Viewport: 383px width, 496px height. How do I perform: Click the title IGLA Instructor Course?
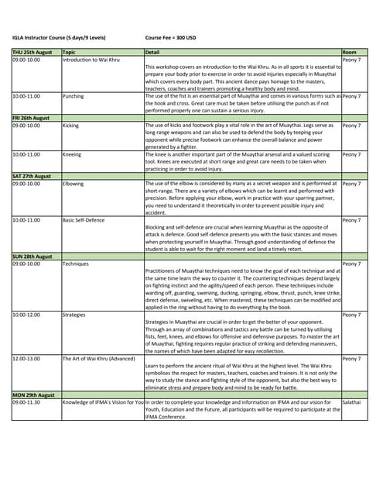(x=59, y=37)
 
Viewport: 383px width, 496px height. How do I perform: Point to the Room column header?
(x=349, y=52)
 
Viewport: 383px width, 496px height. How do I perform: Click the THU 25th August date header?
(x=32, y=52)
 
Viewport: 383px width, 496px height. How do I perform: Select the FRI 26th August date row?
(x=32, y=118)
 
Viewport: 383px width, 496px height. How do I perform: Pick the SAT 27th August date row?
(x=32, y=176)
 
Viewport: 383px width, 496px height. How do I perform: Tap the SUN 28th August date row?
(x=32, y=257)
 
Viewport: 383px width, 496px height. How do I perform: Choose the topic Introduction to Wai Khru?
(x=91, y=60)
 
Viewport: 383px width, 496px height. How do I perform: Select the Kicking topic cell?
(x=71, y=125)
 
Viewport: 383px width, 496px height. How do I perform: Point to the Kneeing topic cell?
(x=73, y=154)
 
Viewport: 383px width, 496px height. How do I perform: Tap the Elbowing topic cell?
(x=74, y=184)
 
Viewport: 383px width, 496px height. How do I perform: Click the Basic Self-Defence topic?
(x=87, y=220)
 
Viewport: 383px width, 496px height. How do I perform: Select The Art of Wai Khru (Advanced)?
(x=97, y=359)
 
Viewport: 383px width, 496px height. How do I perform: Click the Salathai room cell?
(x=352, y=403)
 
